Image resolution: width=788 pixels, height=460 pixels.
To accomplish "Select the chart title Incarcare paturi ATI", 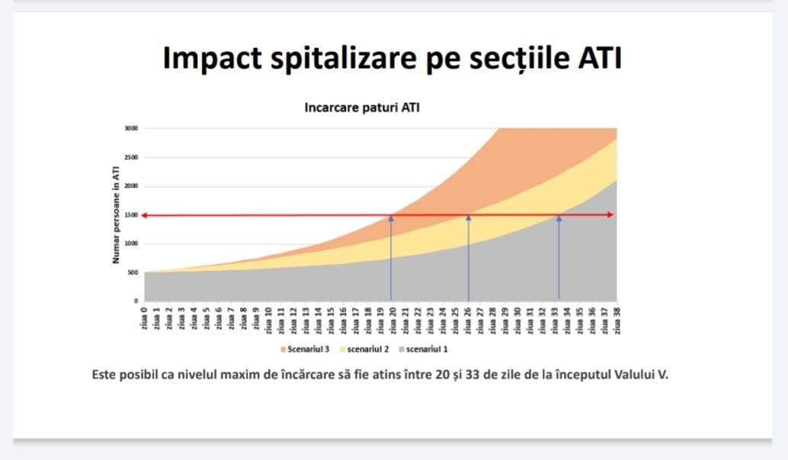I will [x=362, y=108].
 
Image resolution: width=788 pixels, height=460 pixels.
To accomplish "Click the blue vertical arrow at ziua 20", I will [x=391, y=259].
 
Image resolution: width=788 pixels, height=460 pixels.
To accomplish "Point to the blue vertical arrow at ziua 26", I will [x=468, y=259].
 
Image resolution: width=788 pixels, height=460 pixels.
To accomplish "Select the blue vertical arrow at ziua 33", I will [x=559, y=259].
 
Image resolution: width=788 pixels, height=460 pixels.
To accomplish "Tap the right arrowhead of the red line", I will [x=610, y=215].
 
